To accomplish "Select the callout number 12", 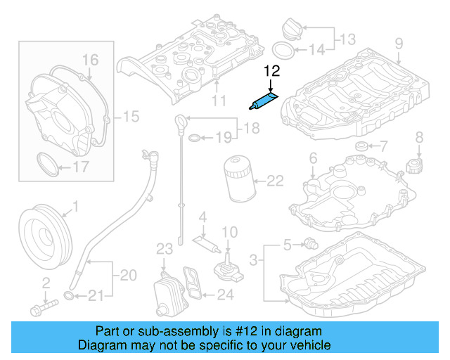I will tap(271, 70).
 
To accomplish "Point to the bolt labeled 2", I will tap(44, 307).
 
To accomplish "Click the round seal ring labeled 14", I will tap(282, 51).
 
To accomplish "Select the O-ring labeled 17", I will tap(47, 166).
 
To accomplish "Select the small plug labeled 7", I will tap(361, 147).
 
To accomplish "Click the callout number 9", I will tap(399, 44).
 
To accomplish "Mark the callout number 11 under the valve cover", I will tap(219, 101).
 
